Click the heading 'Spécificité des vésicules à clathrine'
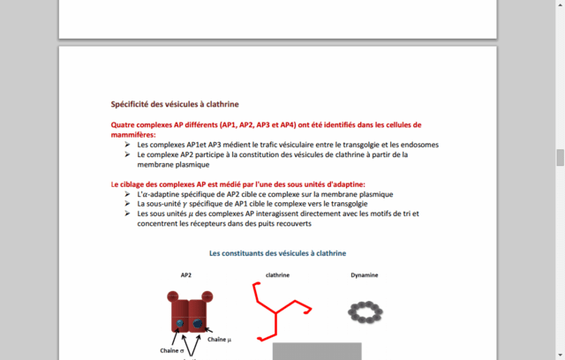(175, 103)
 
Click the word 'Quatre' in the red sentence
(123, 125)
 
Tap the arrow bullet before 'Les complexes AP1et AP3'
(128, 145)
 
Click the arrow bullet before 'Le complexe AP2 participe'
(128, 154)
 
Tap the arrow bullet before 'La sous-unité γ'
(128, 204)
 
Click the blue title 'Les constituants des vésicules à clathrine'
(277, 253)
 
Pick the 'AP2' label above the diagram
(186, 275)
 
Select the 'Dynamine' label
(364, 275)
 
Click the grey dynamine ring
(365, 311)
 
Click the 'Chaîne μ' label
(220, 339)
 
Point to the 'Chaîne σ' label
(173, 350)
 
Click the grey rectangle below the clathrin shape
(316, 351)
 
